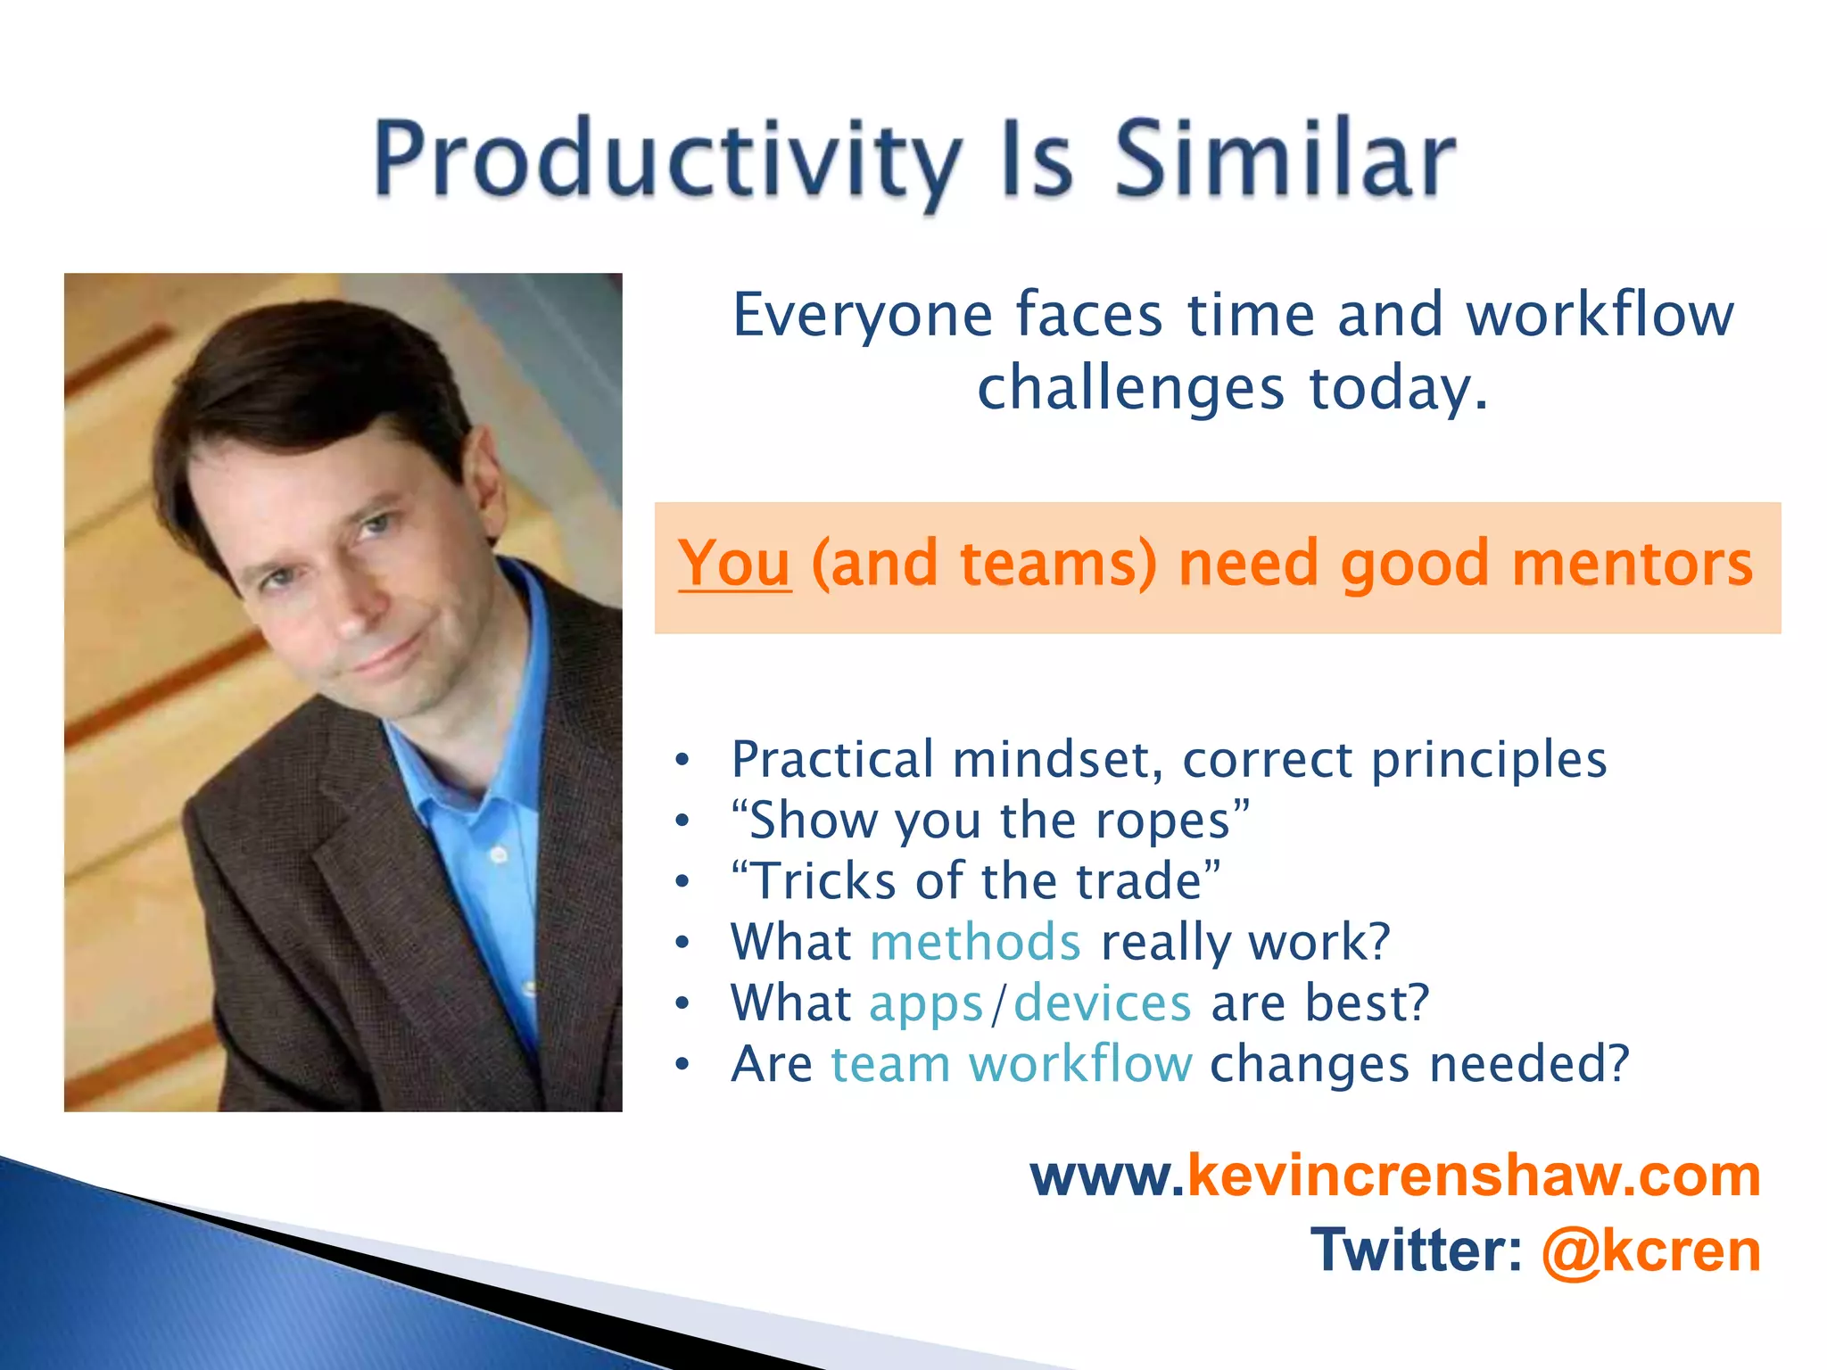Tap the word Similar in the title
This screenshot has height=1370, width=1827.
[x=1285, y=161]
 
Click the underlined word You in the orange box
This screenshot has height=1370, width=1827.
[x=734, y=564]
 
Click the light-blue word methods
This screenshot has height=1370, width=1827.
[x=975, y=942]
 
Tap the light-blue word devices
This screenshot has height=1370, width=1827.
[x=1103, y=1003]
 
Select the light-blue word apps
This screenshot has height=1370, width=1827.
[x=926, y=1004]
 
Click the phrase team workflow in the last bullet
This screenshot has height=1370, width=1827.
[x=1011, y=1064]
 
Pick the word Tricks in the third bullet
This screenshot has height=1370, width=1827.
[x=825, y=881]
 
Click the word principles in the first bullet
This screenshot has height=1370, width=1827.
[x=1488, y=761]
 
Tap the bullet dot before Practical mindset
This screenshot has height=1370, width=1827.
[x=682, y=760]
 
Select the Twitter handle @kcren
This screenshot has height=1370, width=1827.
[x=1650, y=1250]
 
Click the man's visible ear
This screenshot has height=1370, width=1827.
[x=488, y=477]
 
